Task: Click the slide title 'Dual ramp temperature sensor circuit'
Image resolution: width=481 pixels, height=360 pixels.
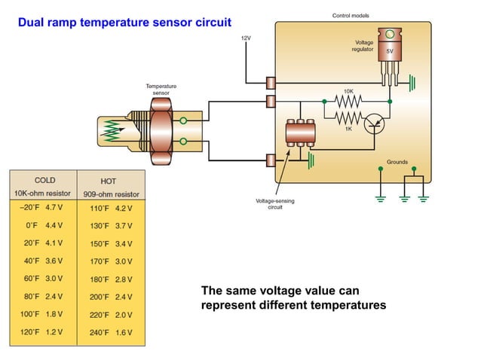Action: tap(124, 23)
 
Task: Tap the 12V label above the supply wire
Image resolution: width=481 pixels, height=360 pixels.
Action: tap(246, 38)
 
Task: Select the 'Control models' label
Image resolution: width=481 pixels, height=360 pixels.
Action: tap(351, 16)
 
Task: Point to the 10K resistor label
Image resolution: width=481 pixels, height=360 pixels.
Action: tap(348, 90)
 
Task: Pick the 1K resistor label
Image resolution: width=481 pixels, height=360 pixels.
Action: tap(348, 129)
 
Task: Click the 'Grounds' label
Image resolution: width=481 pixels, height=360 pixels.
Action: tap(397, 162)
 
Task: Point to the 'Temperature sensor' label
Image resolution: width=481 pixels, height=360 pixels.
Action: tap(161, 90)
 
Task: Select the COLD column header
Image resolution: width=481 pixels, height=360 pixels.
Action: tap(44, 181)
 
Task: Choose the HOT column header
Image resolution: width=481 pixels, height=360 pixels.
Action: tap(108, 182)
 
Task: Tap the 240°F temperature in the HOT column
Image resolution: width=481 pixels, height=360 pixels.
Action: tap(100, 332)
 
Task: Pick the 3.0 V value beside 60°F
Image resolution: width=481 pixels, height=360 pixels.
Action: tap(54, 278)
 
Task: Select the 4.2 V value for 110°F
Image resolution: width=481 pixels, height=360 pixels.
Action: tap(123, 208)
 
